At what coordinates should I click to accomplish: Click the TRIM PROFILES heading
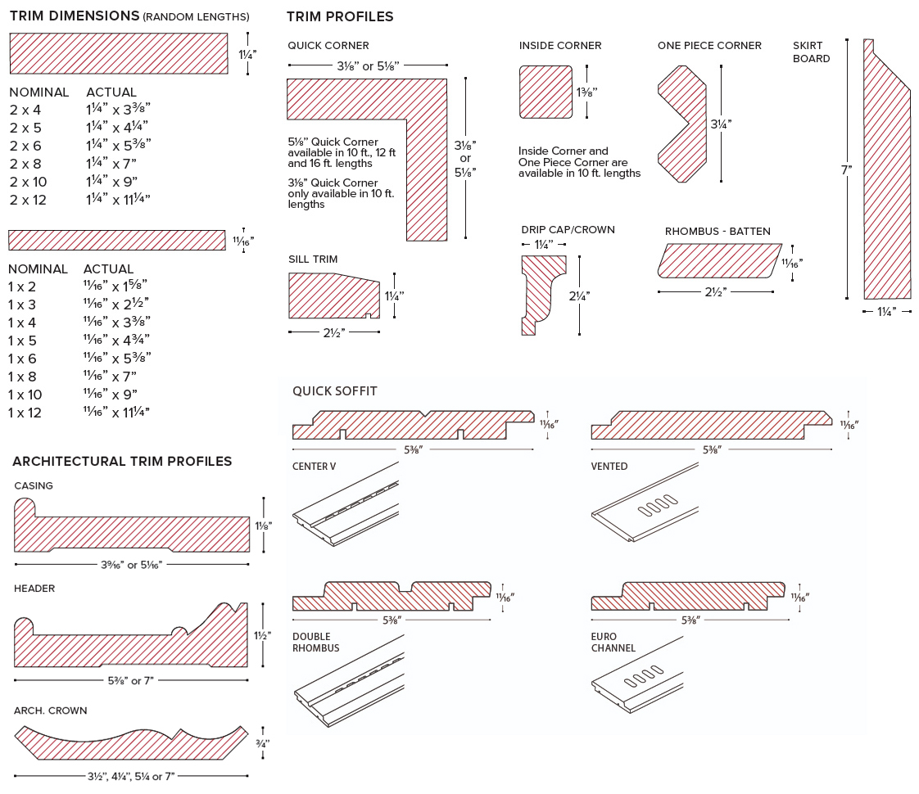340,16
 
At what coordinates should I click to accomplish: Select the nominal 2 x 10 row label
28,182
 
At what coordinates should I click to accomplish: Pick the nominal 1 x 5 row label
22,341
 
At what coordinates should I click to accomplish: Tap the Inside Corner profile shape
546,92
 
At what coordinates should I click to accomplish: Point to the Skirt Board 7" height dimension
845,170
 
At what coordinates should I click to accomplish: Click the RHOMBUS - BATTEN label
718,232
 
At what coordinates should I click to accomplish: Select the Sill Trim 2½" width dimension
333,332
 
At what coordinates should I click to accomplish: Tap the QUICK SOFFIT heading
335,391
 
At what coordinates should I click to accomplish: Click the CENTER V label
314,467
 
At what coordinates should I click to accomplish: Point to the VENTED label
609,467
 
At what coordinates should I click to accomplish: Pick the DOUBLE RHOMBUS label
315,643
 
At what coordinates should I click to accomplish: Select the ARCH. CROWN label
50,711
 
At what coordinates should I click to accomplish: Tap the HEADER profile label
34,589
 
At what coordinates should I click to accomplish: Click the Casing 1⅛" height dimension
263,526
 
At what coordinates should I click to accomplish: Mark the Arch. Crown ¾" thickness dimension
262,743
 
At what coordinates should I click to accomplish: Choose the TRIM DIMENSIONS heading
74,16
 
